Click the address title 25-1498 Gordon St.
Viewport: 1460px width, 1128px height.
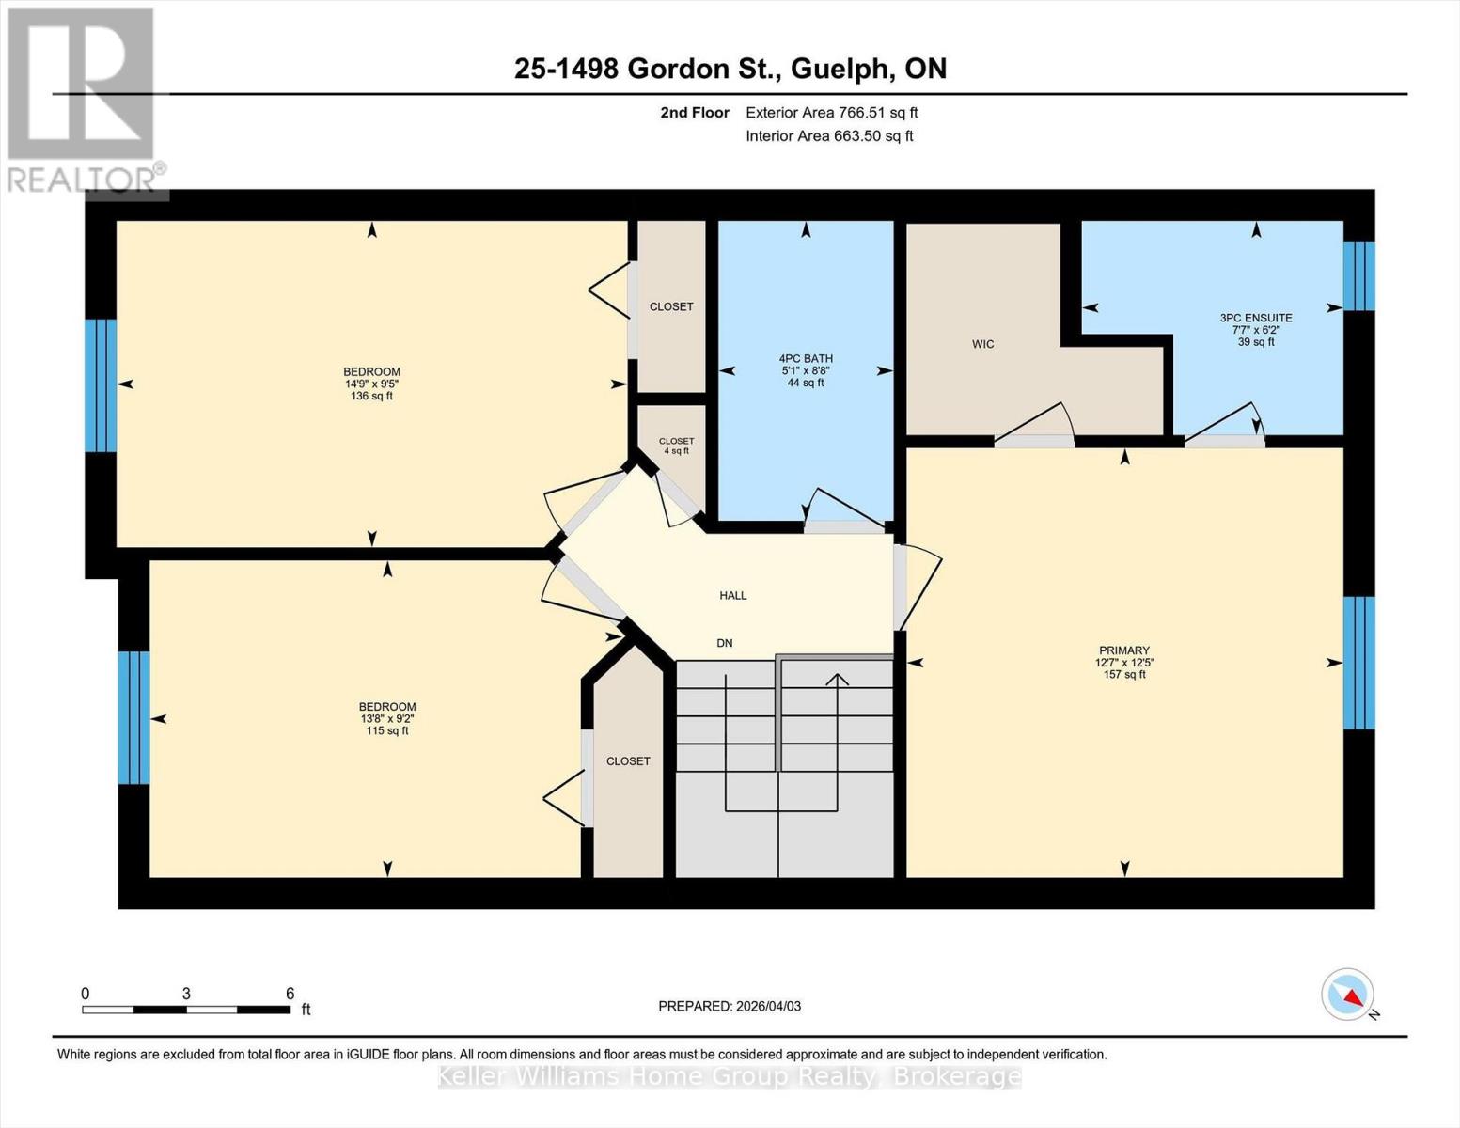click(730, 69)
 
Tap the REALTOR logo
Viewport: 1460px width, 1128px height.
click(82, 100)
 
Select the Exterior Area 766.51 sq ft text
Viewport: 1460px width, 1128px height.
click(831, 113)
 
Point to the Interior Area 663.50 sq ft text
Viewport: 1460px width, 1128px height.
click(829, 136)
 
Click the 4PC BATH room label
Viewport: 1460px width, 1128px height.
click(806, 370)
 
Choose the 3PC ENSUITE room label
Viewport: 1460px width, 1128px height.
click(1255, 330)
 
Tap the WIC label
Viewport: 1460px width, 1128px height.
click(982, 344)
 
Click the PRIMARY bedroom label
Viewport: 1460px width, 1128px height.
click(1123, 662)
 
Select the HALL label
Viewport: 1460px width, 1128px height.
click(732, 595)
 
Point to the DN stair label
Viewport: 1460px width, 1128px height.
click(724, 643)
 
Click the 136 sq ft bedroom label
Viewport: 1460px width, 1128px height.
click(371, 384)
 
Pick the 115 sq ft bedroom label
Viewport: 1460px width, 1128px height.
click(386, 718)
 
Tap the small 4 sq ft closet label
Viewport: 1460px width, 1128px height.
click(676, 446)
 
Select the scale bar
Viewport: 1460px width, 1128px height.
click(186, 1010)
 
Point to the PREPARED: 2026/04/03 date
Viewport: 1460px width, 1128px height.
click(730, 1006)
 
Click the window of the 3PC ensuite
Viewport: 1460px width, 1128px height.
click(1358, 275)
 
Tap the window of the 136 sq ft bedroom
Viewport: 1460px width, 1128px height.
click(101, 385)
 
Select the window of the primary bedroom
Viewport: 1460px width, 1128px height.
click(1358, 663)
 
